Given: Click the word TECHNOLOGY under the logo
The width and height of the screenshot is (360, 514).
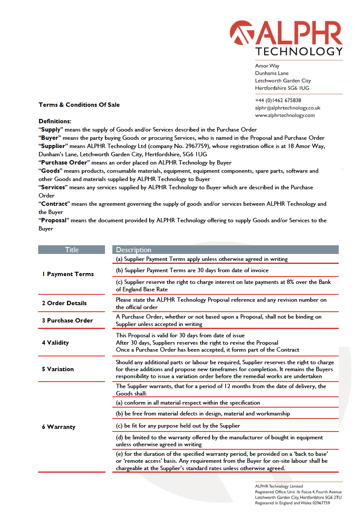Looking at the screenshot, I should [x=299, y=52].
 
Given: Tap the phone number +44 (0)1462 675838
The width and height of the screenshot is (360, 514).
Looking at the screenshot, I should [x=278, y=100].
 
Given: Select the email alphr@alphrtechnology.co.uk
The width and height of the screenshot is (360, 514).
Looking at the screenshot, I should [x=288, y=108].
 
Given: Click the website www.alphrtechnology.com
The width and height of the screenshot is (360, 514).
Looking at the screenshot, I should [x=285, y=115].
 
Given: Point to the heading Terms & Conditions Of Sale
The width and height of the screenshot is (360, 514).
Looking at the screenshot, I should [x=79, y=105].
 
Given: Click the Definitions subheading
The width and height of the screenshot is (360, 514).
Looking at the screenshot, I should [x=55, y=121].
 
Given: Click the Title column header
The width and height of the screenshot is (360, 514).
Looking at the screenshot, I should [x=72, y=250].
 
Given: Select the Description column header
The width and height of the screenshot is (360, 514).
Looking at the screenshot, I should [x=134, y=250].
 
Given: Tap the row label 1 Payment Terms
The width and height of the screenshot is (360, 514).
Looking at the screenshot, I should [x=68, y=274].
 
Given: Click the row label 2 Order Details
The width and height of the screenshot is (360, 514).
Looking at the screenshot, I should [x=64, y=303].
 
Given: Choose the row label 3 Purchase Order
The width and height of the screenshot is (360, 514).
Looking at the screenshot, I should [x=67, y=320].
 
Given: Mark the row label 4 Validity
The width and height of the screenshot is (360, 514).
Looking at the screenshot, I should [x=56, y=343].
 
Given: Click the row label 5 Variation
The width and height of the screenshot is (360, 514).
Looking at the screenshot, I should [x=58, y=369].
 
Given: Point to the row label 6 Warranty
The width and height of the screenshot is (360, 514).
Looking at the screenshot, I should [x=59, y=427].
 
